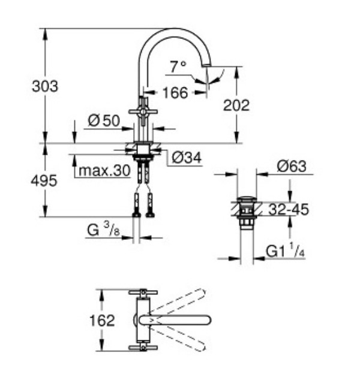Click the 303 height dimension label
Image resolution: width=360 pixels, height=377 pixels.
coord(45,86)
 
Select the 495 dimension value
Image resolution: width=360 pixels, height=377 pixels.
coord(45,180)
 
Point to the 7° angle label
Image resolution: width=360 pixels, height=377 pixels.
coord(178,67)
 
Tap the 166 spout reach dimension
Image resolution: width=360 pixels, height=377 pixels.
coord(175,92)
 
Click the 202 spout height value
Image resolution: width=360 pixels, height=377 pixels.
coord(236,105)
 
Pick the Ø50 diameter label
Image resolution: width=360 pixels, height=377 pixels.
coord(103,120)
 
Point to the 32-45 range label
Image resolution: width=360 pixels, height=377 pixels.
coord(288,210)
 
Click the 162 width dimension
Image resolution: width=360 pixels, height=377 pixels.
coord(102,320)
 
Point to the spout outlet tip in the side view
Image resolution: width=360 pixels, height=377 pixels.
coord(207,64)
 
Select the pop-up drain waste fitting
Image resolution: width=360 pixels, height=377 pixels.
coord(246,211)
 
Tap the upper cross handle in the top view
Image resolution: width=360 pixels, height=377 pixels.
coord(143,292)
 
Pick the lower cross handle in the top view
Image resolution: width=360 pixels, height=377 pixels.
coord(143,347)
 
